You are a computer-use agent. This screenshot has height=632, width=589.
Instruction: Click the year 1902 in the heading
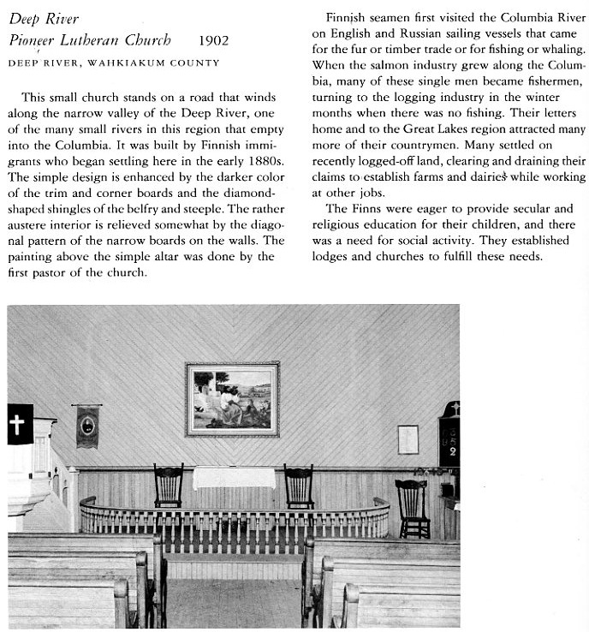pyautogui.click(x=212, y=40)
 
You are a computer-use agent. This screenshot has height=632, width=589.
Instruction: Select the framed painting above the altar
pyautogui.click(x=232, y=399)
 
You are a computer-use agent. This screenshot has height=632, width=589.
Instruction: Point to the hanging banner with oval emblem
pyautogui.click(x=87, y=426)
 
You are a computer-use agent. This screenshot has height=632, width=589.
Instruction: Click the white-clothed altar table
pyautogui.click(x=234, y=478)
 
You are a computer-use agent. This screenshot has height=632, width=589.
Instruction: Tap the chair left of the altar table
pyautogui.click(x=169, y=486)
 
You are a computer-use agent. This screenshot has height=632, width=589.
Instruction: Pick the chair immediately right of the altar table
pyautogui.click(x=298, y=486)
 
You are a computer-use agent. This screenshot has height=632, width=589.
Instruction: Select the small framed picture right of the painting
pyautogui.click(x=408, y=439)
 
